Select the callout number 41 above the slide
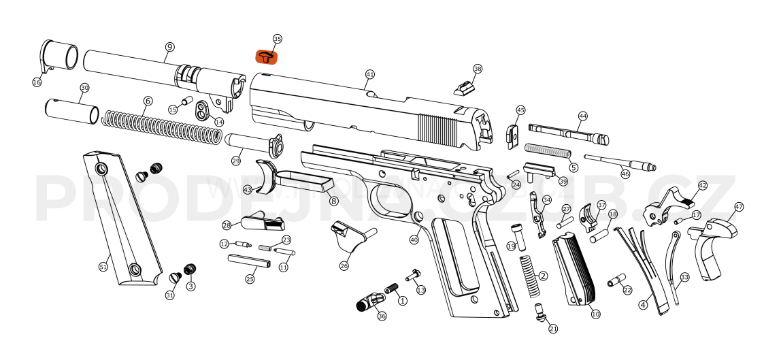370,73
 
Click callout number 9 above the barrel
169,46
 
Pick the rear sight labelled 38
465,88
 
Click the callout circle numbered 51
103,267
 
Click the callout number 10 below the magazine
595,314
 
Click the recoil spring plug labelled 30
71,110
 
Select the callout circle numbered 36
382,316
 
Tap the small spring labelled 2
529,276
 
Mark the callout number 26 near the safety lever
344,266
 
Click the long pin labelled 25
248,260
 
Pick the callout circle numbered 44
582,116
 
